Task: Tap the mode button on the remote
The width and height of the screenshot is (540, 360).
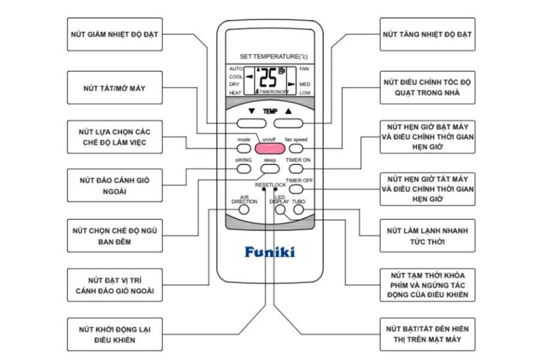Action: click(x=244, y=148)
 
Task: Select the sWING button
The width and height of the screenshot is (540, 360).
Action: click(x=243, y=169)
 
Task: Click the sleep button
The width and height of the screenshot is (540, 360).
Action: click(x=269, y=169)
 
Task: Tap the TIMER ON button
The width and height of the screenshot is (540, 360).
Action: click(x=298, y=169)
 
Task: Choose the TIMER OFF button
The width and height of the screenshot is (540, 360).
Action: click(x=298, y=189)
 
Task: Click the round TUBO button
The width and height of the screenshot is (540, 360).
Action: click(x=298, y=211)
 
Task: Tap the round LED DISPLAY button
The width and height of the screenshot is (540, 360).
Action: click(x=280, y=211)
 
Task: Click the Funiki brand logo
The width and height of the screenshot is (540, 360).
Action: click(x=269, y=252)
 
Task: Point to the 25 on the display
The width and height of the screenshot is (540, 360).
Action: click(x=269, y=77)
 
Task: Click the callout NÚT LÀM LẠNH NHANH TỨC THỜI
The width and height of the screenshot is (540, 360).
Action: click(x=428, y=236)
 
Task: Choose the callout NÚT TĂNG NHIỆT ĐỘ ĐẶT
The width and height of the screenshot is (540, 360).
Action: click(x=428, y=34)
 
